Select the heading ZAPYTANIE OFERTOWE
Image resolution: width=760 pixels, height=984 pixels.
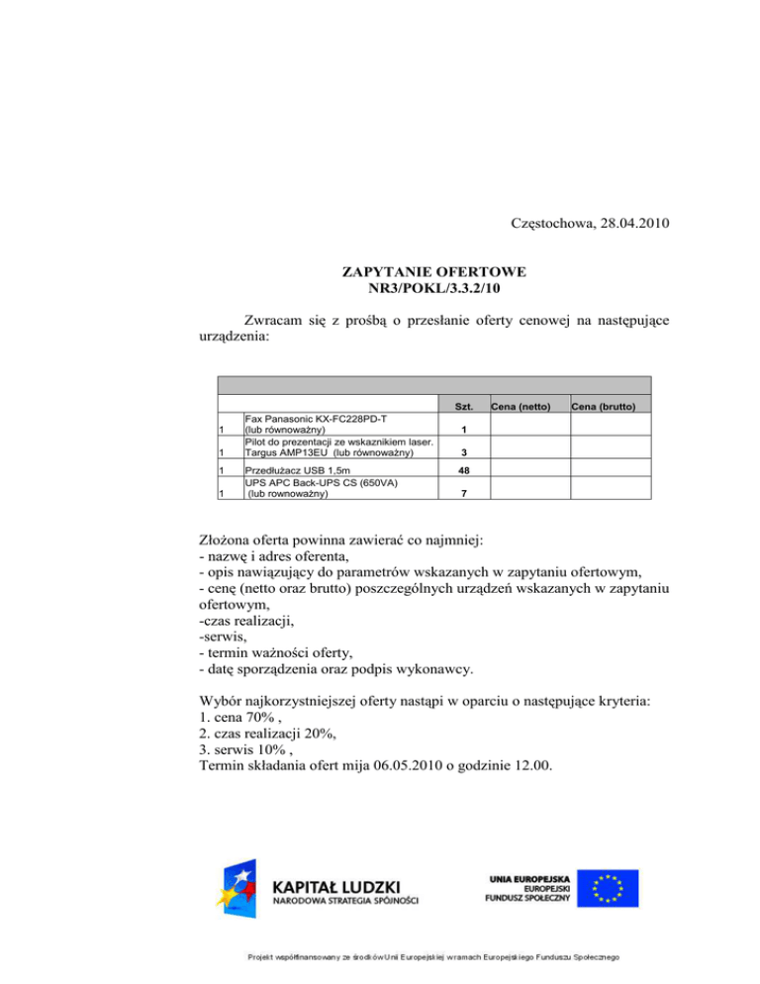[x=433, y=270]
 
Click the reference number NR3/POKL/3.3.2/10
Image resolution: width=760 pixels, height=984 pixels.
[x=433, y=288]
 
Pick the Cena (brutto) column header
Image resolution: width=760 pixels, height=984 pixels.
[x=609, y=407]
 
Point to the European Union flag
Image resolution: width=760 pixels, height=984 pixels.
[x=609, y=887]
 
